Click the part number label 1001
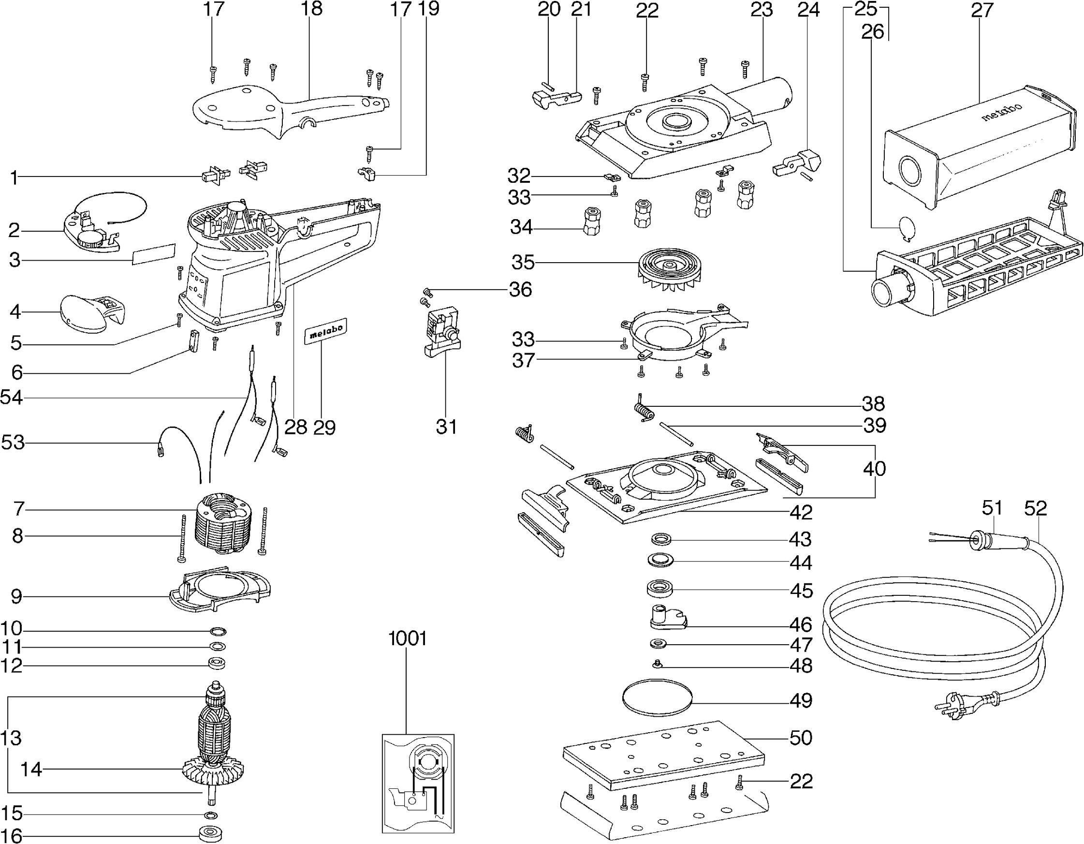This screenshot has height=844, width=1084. tap(407, 638)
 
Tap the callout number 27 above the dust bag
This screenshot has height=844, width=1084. tap(982, 11)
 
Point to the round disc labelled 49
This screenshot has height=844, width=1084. tap(656, 697)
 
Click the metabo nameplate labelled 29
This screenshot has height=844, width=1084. tap(325, 331)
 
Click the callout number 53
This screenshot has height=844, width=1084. tap(13, 442)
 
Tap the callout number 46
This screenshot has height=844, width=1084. tap(801, 624)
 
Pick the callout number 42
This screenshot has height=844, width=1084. tap(801, 512)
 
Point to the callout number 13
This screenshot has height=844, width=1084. tap(11, 738)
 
